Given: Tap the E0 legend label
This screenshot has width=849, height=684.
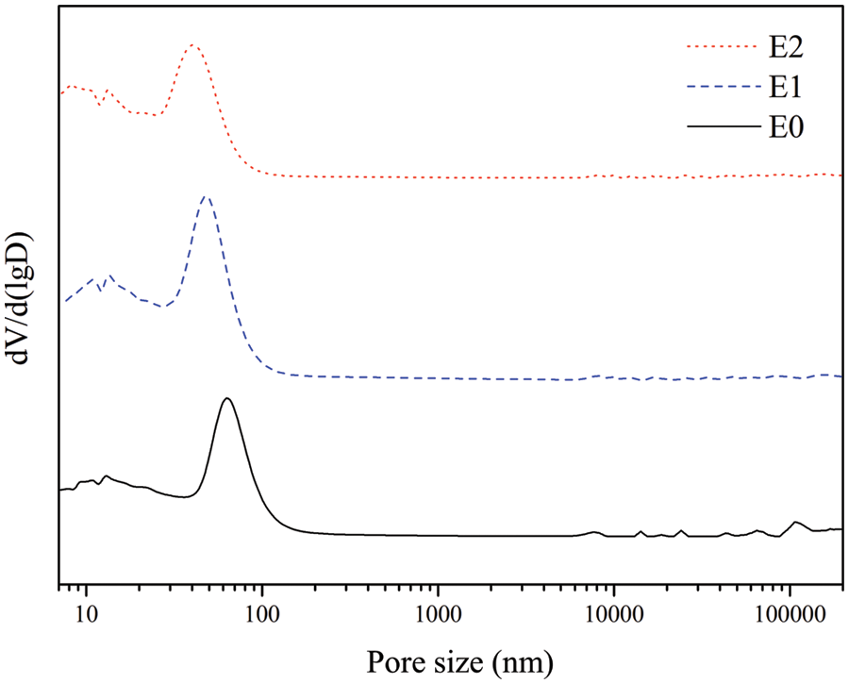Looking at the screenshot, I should point(785,128).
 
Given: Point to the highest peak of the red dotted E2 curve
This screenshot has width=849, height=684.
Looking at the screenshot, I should point(193,44).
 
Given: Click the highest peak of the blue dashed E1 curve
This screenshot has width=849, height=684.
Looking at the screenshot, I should point(206,196).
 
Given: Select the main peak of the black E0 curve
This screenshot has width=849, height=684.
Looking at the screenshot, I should point(227,398).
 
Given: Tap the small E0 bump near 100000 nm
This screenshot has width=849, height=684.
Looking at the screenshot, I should point(796,522).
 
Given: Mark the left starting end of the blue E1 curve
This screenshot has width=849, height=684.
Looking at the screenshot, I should point(65,302).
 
